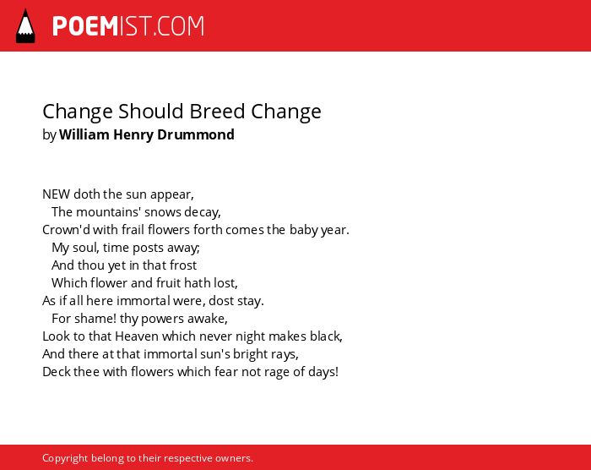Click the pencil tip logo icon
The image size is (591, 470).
25,26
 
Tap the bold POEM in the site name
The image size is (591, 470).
85,26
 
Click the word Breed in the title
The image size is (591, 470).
217,112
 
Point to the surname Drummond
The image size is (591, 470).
196,134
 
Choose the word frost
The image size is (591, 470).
183,265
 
